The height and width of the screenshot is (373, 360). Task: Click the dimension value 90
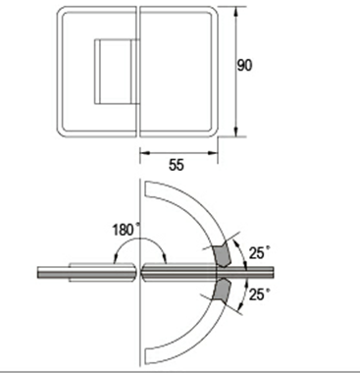(x=244, y=65)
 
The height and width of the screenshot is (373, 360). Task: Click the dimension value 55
(x=177, y=165)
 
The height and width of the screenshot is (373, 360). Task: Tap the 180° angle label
(x=124, y=230)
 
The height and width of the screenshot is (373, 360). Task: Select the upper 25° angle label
(x=260, y=252)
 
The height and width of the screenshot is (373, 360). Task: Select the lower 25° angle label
(x=260, y=294)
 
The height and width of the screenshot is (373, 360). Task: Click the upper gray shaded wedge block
(x=222, y=254)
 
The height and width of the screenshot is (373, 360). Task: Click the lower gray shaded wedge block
(x=222, y=291)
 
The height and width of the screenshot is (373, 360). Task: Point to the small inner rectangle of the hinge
(x=117, y=72)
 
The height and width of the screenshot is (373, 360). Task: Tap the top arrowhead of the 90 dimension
(x=235, y=12)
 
